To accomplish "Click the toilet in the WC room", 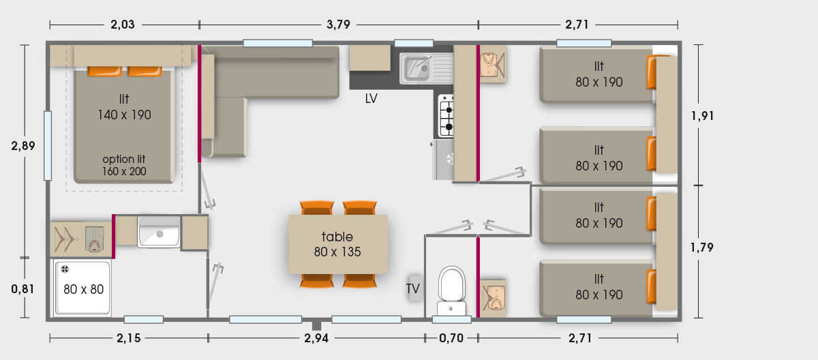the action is [x=452, y=290].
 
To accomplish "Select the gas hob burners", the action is [x=446, y=115].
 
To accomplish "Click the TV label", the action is [x=413, y=288].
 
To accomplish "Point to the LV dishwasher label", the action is [x=371, y=98].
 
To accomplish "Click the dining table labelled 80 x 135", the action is [x=338, y=244].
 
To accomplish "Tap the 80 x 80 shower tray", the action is [x=82, y=287].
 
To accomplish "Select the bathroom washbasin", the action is [x=158, y=232].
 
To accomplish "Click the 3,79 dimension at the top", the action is [x=339, y=25].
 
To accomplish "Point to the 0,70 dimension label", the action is [x=451, y=338].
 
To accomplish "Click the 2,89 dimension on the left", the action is [x=23, y=146].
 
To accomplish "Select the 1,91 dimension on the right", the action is [x=702, y=116].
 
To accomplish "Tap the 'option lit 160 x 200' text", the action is [x=124, y=165].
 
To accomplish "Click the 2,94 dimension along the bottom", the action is [x=316, y=338].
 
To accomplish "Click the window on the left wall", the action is [x=48, y=146].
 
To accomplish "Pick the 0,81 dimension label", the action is [x=22, y=289].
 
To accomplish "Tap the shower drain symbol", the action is [x=65, y=269].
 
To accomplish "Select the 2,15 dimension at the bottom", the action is [x=129, y=338].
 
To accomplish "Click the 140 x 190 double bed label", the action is [x=124, y=115].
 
